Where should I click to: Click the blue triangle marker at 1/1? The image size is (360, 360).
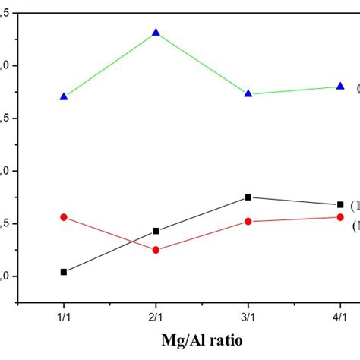tap(64, 96)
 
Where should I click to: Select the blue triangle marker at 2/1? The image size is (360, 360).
tap(156, 33)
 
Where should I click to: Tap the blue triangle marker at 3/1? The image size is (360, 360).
tap(248, 93)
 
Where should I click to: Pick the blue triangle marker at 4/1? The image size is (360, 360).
tap(340, 86)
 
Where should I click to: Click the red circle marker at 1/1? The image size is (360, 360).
tap(64, 217)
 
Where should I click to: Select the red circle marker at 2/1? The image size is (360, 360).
tap(156, 250)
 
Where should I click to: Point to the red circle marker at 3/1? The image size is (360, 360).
tap(248, 222)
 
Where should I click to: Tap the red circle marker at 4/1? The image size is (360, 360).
tap(340, 217)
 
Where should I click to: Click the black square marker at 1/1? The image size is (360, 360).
tap(64, 272)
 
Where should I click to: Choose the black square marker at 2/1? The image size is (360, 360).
tap(156, 231)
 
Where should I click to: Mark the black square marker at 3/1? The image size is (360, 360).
tap(248, 197)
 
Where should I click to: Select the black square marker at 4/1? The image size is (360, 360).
tap(340, 204)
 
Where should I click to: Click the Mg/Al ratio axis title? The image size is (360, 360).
tap(202, 340)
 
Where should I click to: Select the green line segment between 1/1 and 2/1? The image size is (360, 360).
tap(110, 65)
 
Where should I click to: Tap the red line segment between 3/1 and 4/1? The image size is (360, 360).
tap(295, 219)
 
